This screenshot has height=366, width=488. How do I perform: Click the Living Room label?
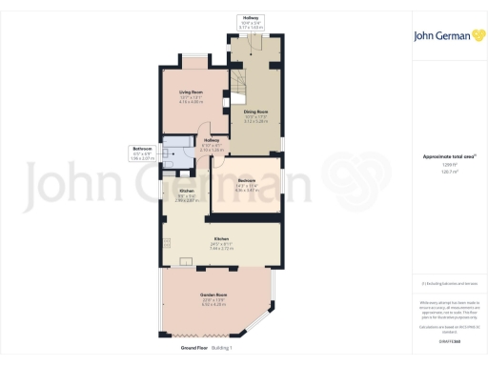[x=192, y=96]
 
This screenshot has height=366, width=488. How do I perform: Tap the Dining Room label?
[x=255, y=117]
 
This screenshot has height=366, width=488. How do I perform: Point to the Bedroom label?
[x=246, y=185]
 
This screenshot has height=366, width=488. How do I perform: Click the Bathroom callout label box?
[x=142, y=152]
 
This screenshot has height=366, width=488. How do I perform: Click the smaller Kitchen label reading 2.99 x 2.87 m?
[x=187, y=196]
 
